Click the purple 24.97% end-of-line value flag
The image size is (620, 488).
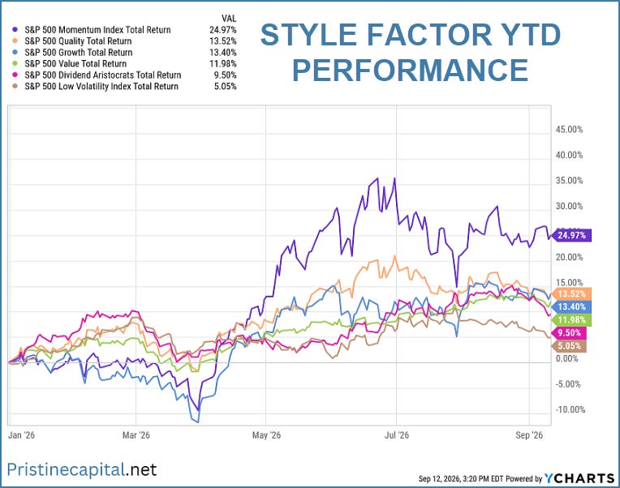click(x=572, y=235)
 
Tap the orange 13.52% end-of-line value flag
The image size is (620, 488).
click(x=572, y=293)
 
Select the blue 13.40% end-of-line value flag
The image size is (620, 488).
click(x=572, y=306)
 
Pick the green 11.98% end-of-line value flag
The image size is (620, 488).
click(x=572, y=320)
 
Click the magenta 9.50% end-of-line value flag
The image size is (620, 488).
click(x=570, y=333)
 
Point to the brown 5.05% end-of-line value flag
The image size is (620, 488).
click(x=570, y=346)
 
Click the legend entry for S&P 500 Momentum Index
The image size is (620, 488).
click(x=97, y=30)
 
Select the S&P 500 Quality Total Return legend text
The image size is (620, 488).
click(x=78, y=41)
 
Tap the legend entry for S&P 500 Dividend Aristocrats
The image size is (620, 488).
click(x=103, y=75)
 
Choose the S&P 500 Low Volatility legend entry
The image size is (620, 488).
click(x=101, y=86)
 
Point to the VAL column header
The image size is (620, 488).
click(x=229, y=18)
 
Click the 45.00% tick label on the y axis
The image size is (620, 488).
click(x=569, y=130)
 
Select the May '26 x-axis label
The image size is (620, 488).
click(x=266, y=435)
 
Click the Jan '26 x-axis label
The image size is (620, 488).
click(x=21, y=435)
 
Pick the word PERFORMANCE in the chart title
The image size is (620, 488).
click(x=410, y=70)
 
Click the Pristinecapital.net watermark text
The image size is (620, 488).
click(x=82, y=470)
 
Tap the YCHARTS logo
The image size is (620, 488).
click(x=579, y=478)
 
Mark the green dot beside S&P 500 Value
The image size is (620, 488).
click(x=15, y=63)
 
